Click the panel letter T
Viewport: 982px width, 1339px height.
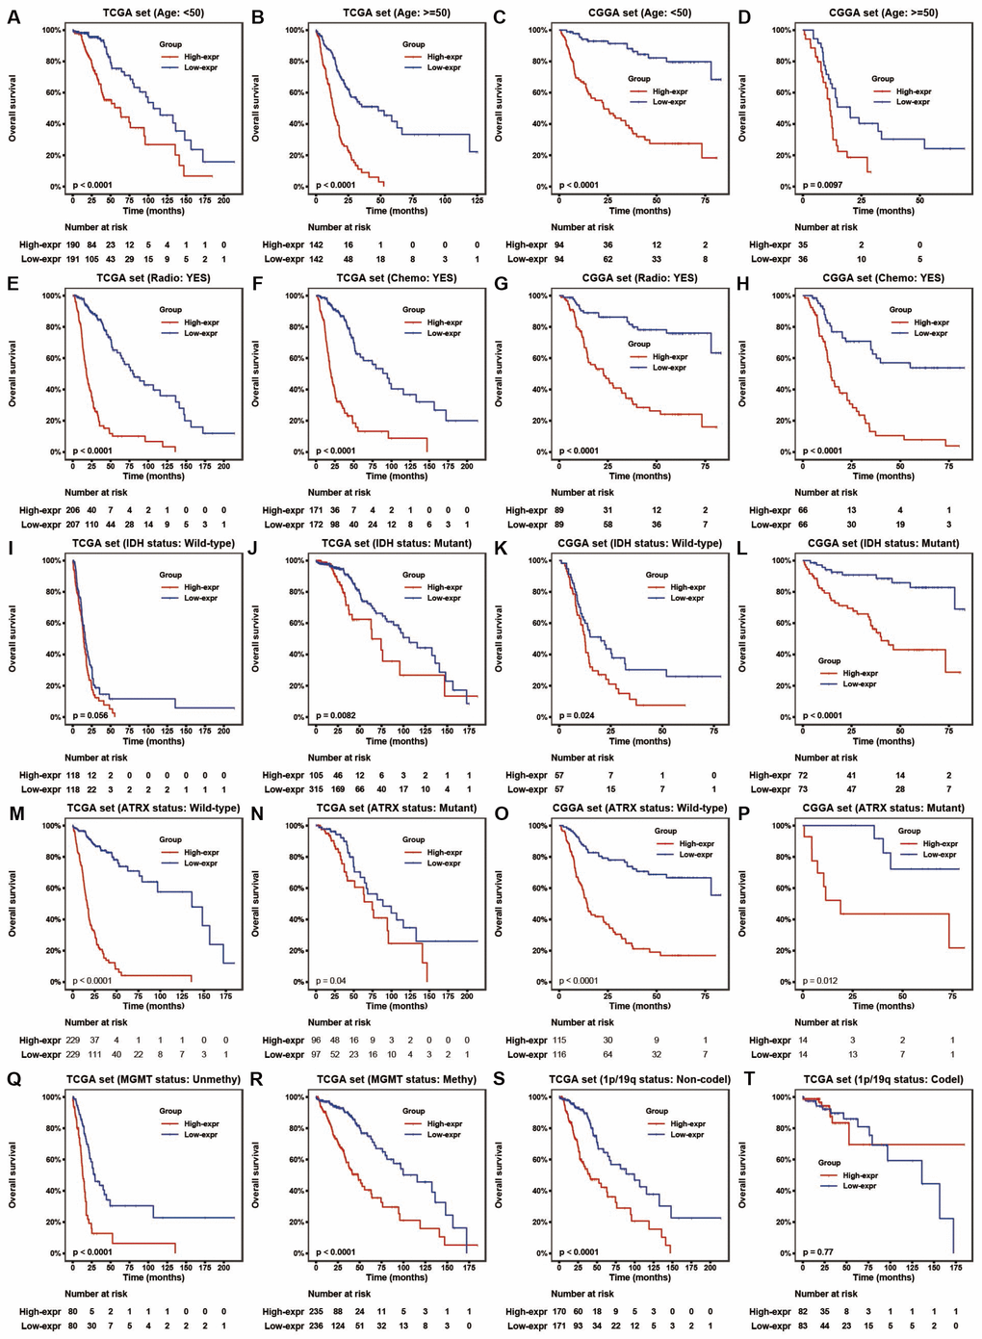pyautogui.click(x=742, y=1080)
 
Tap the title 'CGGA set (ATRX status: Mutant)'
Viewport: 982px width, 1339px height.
pyautogui.click(x=883, y=809)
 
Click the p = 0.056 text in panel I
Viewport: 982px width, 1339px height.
pyautogui.click(x=91, y=716)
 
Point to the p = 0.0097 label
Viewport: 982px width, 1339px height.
pyautogui.click(x=824, y=185)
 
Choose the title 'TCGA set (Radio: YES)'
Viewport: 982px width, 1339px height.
pyautogui.click(x=153, y=278)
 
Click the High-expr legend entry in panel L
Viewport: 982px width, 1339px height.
pyautogui.click(x=860, y=674)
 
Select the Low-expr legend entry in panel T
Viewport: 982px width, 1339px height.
pyautogui.click(x=860, y=1186)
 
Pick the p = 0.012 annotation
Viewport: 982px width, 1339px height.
pyautogui.click(x=821, y=981)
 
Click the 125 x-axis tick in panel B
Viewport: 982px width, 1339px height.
pyautogui.click(x=477, y=200)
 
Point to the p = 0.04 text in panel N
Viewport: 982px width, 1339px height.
pyautogui.click(x=332, y=981)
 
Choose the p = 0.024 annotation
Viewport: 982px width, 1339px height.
pyautogui.click(x=578, y=716)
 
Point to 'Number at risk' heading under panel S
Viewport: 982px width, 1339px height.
pyautogui.click(x=582, y=1294)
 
